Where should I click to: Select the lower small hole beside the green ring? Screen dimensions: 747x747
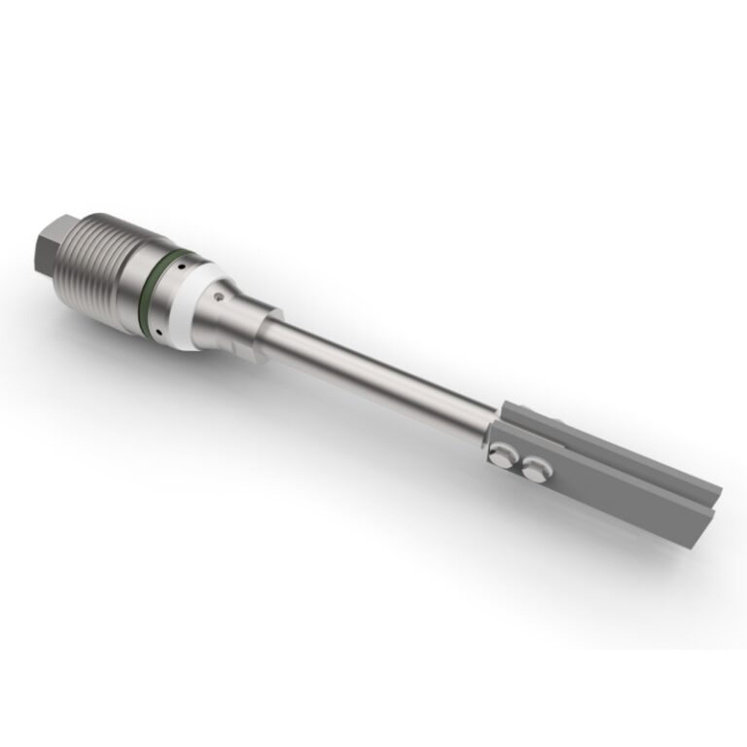[x=158, y=331]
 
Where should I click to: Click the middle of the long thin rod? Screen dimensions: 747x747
[x=379, y=375]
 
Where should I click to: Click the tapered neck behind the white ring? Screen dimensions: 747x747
[x=233, y=316]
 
